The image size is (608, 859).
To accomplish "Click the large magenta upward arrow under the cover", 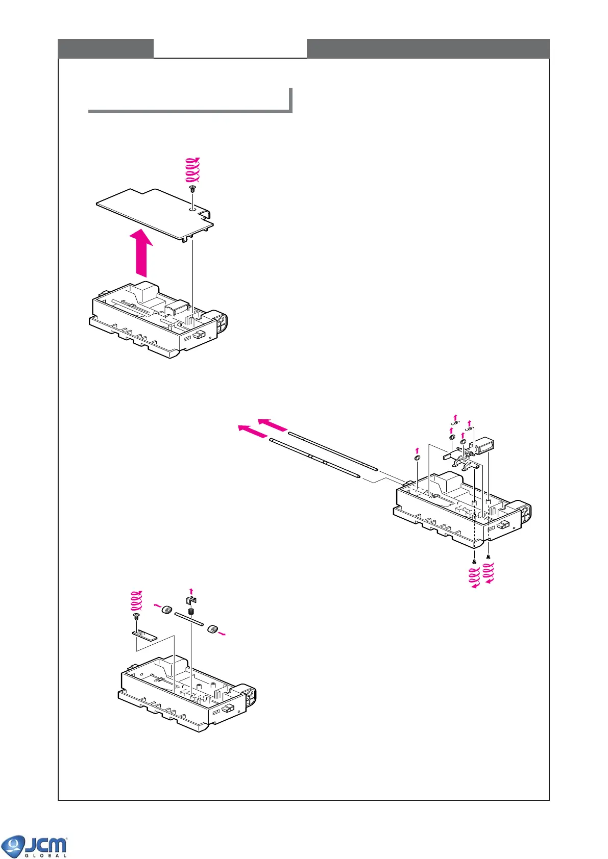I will coord(141,254).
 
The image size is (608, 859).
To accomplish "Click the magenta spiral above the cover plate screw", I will coord(192,170).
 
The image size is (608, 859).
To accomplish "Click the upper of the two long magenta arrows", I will coord(273,425).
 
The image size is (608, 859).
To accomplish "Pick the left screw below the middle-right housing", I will coord(474,561).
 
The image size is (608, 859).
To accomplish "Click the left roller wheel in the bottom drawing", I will coord(166,610).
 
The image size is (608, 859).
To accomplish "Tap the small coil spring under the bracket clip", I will coord(191,612).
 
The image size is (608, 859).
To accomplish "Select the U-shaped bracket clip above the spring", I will coord(191,600).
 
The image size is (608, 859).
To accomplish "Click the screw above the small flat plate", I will coord(136,617).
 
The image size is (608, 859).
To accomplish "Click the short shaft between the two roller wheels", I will coord(189,620).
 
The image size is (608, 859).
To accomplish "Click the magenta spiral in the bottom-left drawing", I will coord(136,601).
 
